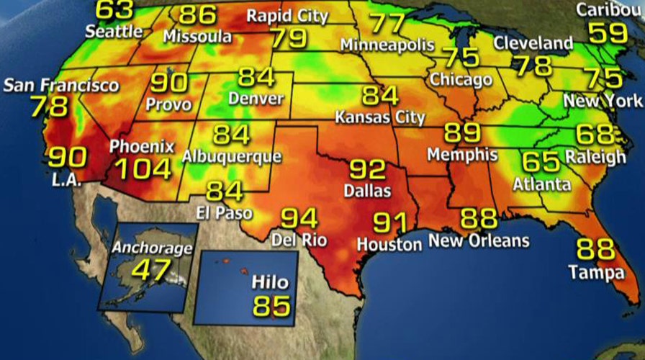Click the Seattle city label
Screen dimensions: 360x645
pyautogui.click(x=114, y=32)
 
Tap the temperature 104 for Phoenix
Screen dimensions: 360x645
pyautogui.click(x=142, y=169)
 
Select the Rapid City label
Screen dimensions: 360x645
pyautogui.click(x=287, y=16)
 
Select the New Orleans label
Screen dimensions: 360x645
pyautogui.click(x=479, y=240)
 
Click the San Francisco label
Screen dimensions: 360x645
pyautogui.click(x=61, y=86)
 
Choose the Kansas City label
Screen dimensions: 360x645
pyautogui.click(x=379, y=117)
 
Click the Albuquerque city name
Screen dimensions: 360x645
pyautogui.click(x=231, y=156)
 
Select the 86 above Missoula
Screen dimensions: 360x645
pyautogui.click(x=197, y=14)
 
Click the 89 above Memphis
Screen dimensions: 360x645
pyautogui.click(x=461, y=133)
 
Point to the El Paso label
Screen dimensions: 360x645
pyautogui.click(x=224, y=212)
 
